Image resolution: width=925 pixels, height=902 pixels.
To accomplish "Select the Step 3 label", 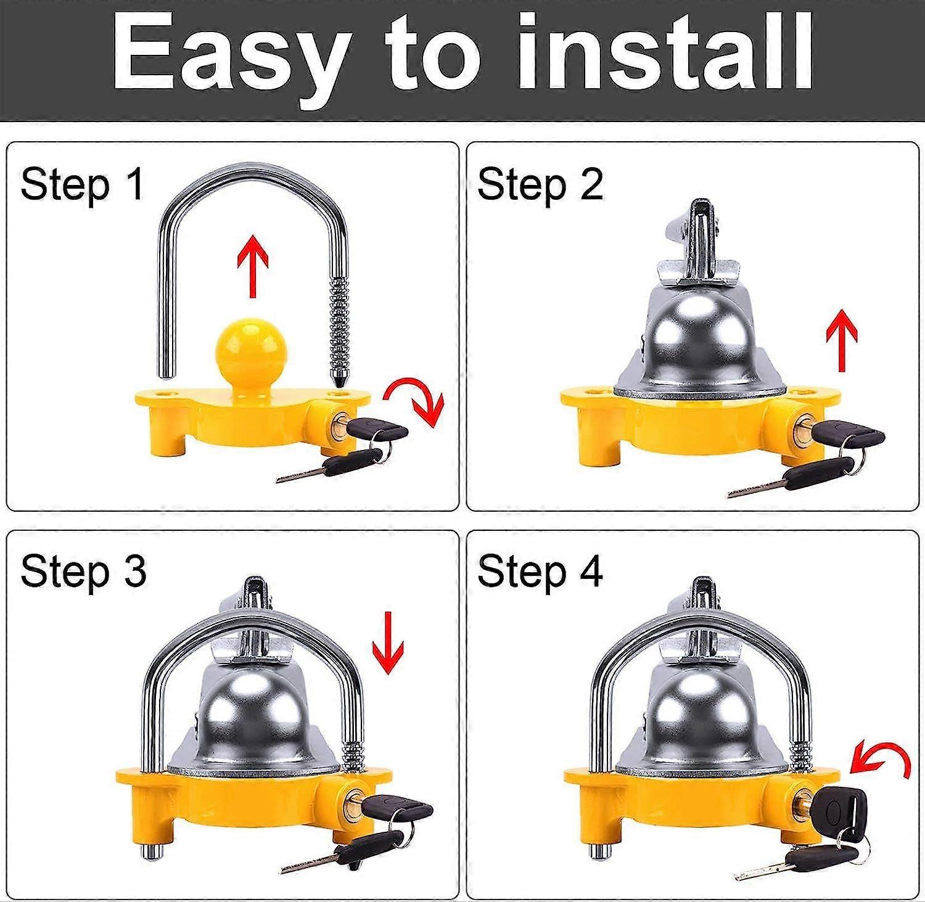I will tap(83, 571).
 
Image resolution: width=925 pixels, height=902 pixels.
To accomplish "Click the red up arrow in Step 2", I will tap(842, 339).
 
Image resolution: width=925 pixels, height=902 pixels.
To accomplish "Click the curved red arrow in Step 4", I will tap(882, 760).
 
